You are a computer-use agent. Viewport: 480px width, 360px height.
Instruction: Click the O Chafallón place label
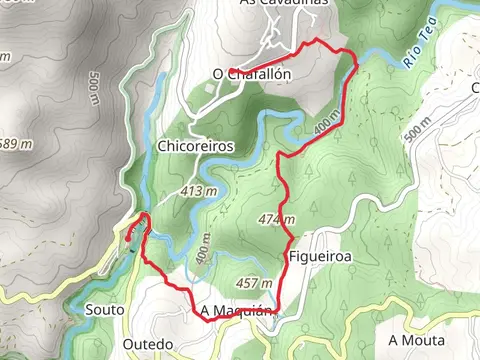point(252,74)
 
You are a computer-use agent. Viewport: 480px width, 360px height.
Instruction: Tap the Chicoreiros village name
point(196,146)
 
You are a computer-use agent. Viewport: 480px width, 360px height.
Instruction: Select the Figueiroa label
point(322,256)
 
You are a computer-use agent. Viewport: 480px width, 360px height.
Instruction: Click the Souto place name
point(106,310)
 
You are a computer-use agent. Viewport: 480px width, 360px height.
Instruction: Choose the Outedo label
point(147,343)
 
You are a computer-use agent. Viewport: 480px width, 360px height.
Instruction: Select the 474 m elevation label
point(277,220)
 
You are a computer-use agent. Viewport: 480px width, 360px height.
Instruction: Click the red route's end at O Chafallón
point(230,71)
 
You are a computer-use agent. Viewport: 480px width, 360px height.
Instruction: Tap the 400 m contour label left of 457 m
point(205,247)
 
